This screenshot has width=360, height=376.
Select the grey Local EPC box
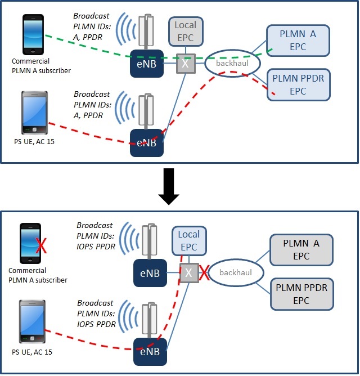pos(185,32)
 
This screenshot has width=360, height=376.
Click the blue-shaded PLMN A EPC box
pos(298,41)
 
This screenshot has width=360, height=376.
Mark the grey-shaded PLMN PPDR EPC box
pos(301,293)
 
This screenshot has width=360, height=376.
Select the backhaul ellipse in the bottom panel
pos(236,273)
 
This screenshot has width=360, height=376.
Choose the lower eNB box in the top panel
pos(146,143)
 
